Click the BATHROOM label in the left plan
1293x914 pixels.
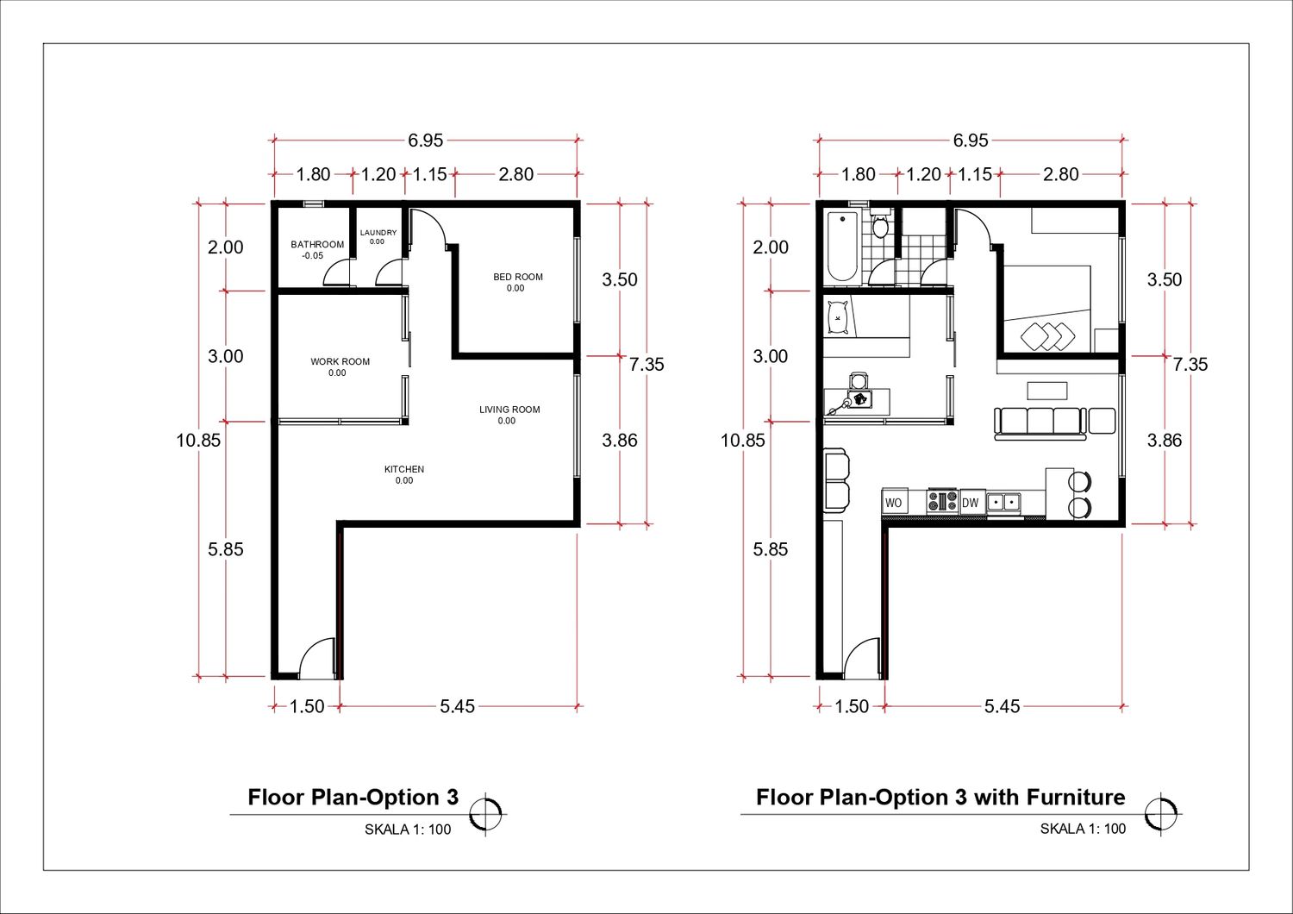317,244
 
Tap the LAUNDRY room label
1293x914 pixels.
378,233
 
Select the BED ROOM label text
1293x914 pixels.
518,277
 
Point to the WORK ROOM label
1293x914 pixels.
340,361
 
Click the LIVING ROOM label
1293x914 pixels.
509,410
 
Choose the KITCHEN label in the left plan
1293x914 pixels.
404,469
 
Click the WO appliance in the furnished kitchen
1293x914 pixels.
894,502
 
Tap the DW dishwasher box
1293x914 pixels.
971,503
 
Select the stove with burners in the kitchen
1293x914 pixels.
943,501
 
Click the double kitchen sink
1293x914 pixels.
1003,503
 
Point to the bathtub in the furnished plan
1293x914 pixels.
842,247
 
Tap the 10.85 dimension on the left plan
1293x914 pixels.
198,441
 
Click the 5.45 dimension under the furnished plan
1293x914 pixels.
1002,706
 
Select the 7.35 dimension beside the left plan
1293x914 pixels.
646,365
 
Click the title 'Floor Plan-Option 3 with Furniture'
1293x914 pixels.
940,798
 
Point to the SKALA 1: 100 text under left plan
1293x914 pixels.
408,829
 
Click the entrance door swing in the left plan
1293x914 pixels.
315,658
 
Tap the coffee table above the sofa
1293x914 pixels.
1047,391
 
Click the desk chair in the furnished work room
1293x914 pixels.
859,381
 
